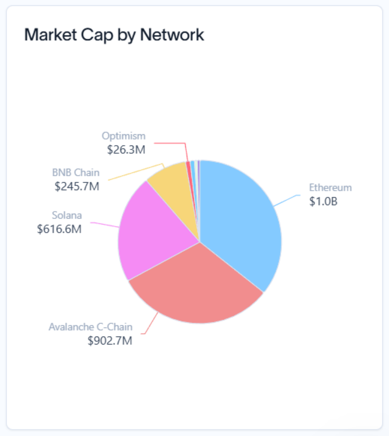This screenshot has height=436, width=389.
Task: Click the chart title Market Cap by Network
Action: pyautogui.click(x=114, y=35)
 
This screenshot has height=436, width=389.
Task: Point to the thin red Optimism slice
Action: pyautogui.click(x=189, y=172)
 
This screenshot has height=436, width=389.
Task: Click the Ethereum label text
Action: pyautogui.click(x=331, y=188)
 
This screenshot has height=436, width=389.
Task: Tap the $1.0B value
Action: pyautogui.click(x=324, y=201)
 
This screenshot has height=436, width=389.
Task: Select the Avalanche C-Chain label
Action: pyautogui.click(x=91, y=327)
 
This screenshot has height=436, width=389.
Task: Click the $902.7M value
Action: pyautogui.click(x=110, y=341)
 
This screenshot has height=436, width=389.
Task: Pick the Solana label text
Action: pyautogui.click(x=67, y=215)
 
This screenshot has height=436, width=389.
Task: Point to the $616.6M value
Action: pyautogui.click(x=59, y=229)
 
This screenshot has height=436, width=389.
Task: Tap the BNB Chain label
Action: pyautogui.click(x=76, y=173)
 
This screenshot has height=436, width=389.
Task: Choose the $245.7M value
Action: pyautogui.click(x=77, y=186)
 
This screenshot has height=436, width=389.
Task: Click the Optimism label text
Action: pyautogui.click(x=124, y=136)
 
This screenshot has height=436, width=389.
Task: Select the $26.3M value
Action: pyautogui.click(x=126, y=150)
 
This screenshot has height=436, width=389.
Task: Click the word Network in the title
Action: pyautogui.click(x=172, y=35)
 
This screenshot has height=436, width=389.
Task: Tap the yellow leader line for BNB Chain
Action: pyautogui.click(x=135, y=172)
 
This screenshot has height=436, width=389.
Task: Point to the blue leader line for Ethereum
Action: pyautogui.click(x=287, y=200)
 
